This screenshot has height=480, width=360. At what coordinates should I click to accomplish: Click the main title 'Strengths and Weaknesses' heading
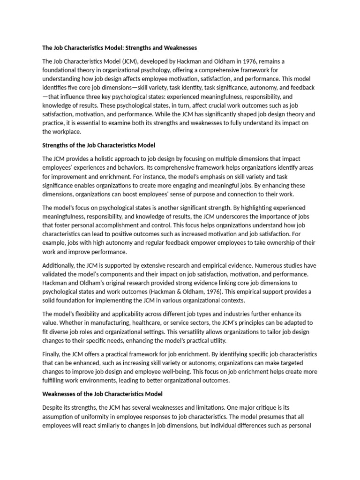(120, 48)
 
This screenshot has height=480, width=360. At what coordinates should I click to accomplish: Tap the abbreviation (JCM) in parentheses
(130, 61)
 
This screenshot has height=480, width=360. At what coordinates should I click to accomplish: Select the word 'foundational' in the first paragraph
(60, 70)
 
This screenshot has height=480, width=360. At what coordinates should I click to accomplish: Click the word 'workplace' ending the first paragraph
(66, 132)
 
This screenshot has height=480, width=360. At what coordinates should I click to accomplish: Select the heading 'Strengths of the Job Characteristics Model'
(98, 145)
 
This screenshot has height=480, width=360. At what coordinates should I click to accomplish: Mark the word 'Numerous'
(262, 265)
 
